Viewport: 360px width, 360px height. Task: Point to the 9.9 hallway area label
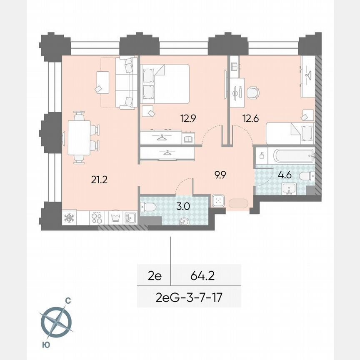(x=220, y=175)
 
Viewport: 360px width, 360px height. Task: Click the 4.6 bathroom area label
(x=285, y=175)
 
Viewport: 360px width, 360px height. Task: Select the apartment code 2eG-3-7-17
(x=189, y=297)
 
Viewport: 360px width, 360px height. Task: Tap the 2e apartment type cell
(x=155, y=275)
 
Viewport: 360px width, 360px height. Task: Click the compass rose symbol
(x=56, y=321)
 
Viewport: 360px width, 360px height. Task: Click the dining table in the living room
(x=79, y=137)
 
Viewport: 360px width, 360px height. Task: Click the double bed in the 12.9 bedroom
(x=165, y=83)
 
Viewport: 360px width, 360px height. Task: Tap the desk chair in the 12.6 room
(x=252, y=92)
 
